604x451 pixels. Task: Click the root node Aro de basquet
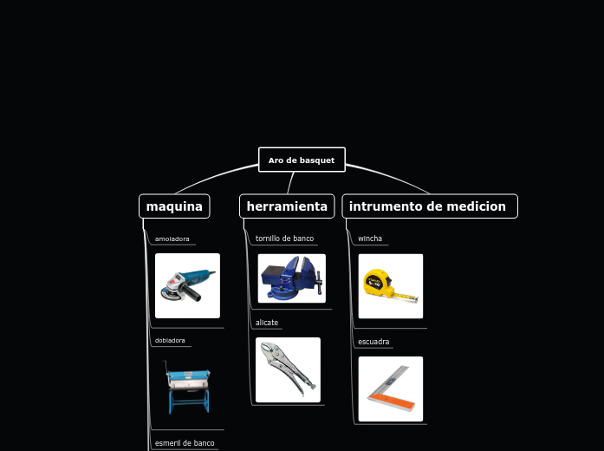(x=302, y=160)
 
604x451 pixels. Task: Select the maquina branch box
(x=174, y=206)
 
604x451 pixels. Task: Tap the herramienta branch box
(x=287, y=206)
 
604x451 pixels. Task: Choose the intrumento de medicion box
(x=430, y=206)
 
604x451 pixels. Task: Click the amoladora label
(x=172, y=239)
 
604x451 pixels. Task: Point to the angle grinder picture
(x=187, y=285)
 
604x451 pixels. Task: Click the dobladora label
(x=170, y=341)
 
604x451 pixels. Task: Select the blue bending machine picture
(x=187, y=388)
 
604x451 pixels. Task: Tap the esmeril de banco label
(x=185, y=443)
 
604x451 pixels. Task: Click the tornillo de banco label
(x=284, y=239)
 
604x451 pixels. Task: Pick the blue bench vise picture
(x=291, y=278)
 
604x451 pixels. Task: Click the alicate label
(x=267, y=323)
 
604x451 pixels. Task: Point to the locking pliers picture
(x=288, y=370)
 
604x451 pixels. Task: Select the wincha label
(x=370, y=239)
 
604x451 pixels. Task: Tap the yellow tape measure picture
(x=390, y=285)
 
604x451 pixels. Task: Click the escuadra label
(x=373, y=342)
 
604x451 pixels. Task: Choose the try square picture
(x=390, y=389)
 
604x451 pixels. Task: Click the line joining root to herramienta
(x=291, y=182)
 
